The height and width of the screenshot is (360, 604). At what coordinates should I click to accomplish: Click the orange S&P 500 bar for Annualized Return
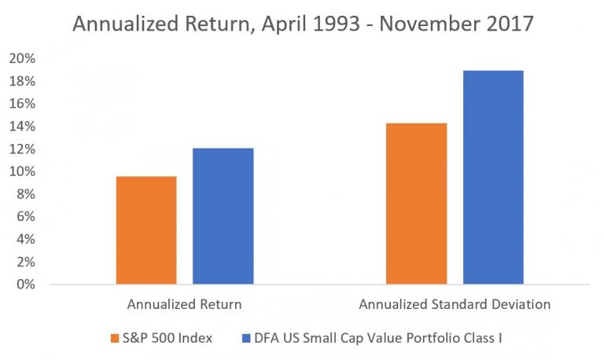click(146, 230)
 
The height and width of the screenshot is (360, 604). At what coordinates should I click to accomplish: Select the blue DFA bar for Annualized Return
click(223, 216)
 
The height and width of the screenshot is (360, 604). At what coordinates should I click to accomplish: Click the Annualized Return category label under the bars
click(184, 303)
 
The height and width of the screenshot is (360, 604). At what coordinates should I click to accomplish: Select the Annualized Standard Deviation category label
click(455, 303)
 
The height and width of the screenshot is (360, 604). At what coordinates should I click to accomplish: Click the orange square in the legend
click(116, 338)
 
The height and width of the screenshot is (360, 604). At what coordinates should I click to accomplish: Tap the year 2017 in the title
click(505, 24)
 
